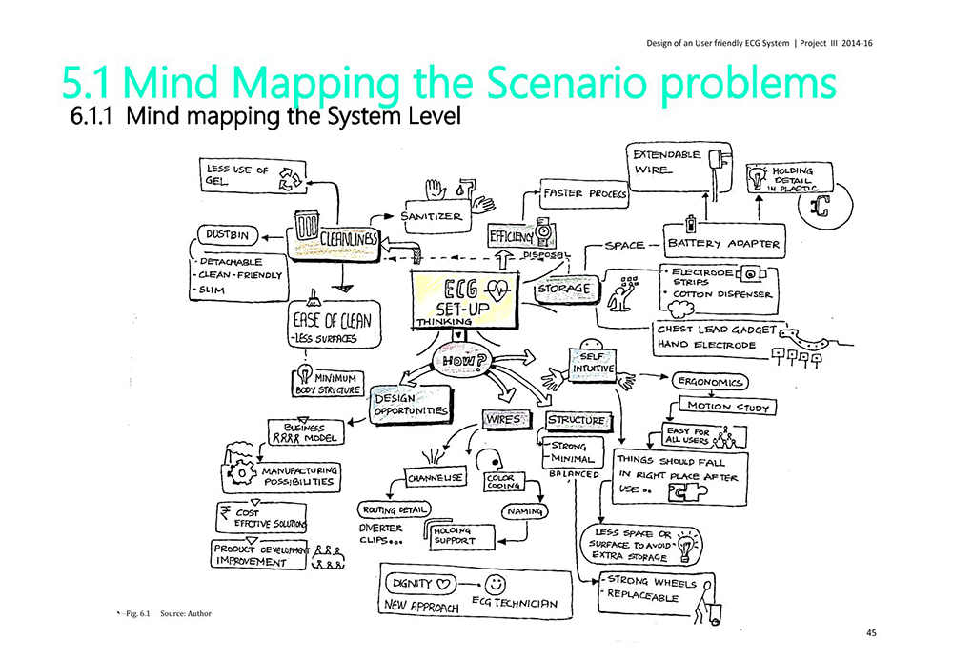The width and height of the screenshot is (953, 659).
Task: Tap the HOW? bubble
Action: pos(461,360)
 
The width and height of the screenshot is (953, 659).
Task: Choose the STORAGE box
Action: pos(564,287)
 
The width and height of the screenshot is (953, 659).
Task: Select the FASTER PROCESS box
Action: pos(584,193)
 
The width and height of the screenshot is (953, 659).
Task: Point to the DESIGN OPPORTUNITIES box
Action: pos(410,404)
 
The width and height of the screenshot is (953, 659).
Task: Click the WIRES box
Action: pos(504,418)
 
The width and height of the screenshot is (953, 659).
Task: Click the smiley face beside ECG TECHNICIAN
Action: pos(496,584)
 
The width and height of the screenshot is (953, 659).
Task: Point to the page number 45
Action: pos(871,632)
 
